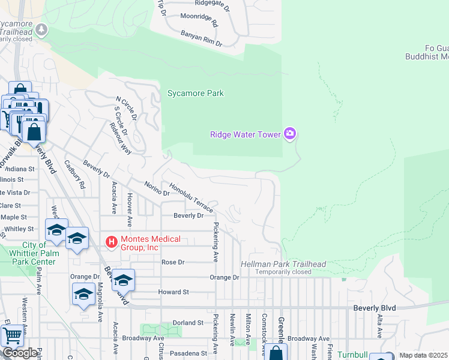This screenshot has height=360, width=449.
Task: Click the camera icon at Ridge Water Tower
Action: [x=290, y=134]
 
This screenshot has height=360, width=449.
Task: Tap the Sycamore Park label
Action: [x=195, y=93]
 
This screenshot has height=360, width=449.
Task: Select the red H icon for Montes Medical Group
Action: [x=110, y=243]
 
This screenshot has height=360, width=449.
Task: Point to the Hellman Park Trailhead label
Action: [x=283, y=265]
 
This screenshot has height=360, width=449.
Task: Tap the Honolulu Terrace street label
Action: [x=191, y=197]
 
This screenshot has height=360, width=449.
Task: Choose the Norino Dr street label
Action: [x=157, y=188]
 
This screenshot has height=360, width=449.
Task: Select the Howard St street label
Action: [x=173, y=292]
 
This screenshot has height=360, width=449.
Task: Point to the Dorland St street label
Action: [x=188, y=323]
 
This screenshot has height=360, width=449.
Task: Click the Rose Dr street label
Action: [x=172, y=262]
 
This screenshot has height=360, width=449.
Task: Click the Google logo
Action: [x=20, y=353]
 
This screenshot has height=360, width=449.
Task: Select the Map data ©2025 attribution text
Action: [x=423, y=355]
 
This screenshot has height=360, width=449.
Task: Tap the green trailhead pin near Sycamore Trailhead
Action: [x=41, y=29]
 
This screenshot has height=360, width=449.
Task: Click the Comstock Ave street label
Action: [x=262, y=327]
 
